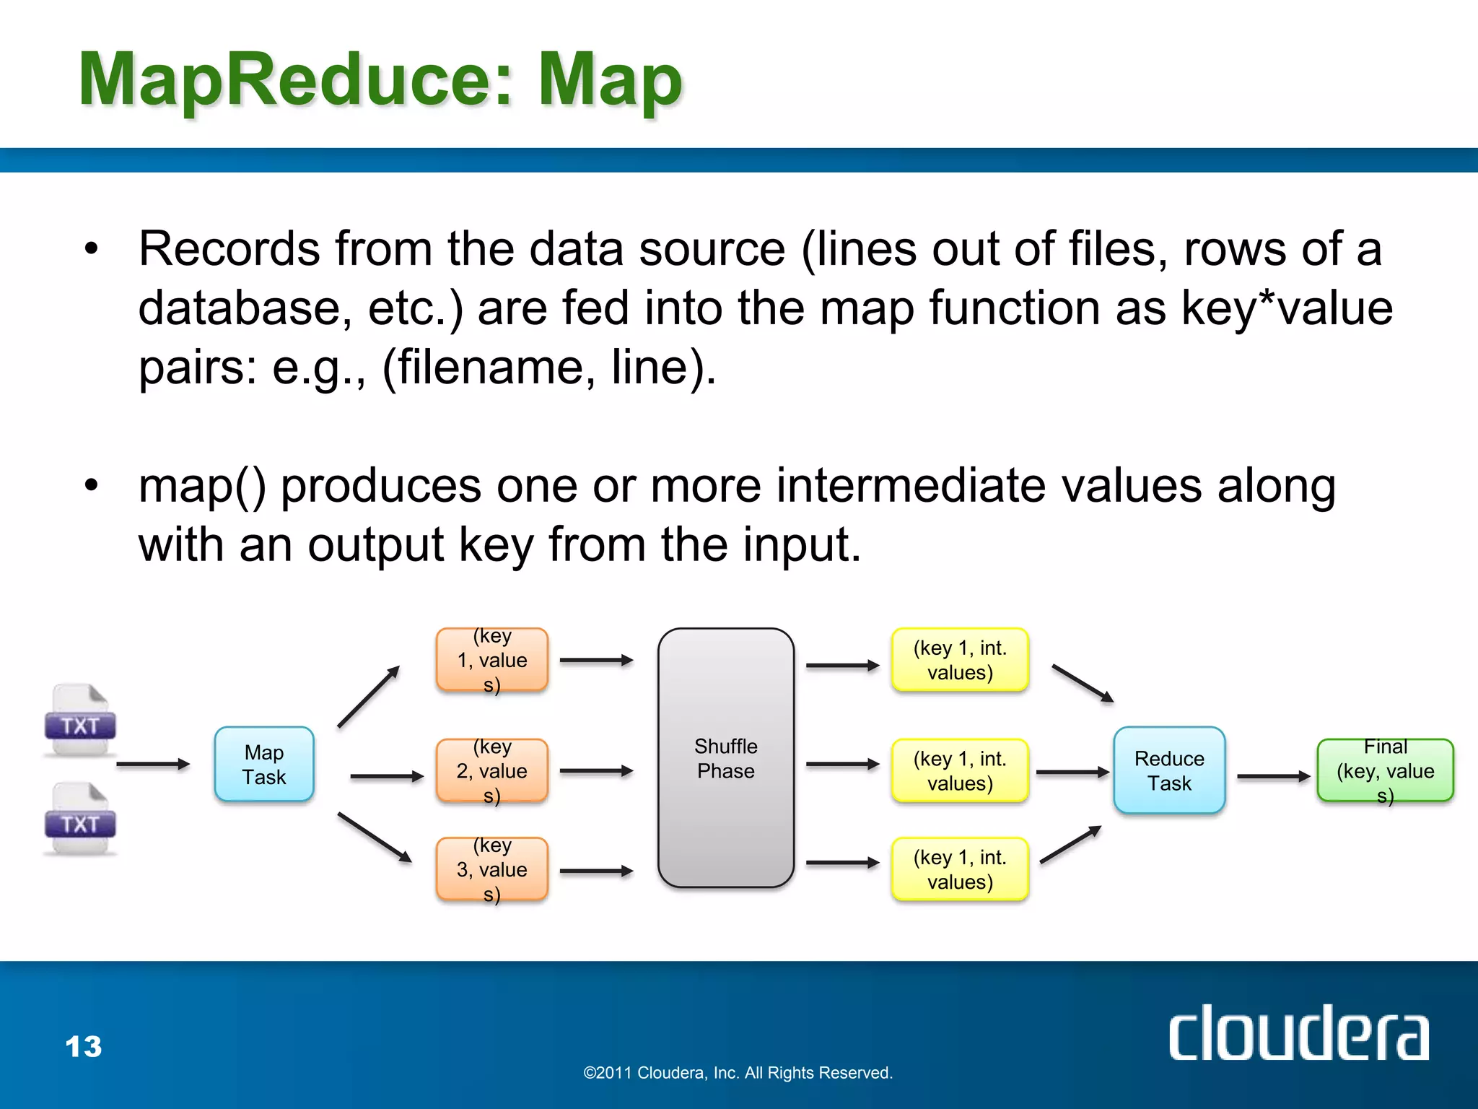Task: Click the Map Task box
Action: pyautogui.click(x=264, y=764)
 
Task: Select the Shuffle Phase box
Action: pyautogui.click(x=725, y=757)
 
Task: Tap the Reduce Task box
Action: pyautogui.click(x=1168, y=770)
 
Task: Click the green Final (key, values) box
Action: pyautogui.click(x=1384, y=770)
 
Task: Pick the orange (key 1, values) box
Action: pyautogui.click(x=492, y=659)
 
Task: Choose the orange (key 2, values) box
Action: pyautogui.click(x=492, y=770)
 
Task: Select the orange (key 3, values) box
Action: pyautogui.click(x=492, y=869)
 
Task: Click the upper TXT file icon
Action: pyautogui.click(x=80, y=720)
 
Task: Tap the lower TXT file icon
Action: pyautogui.click(x=80, y=819)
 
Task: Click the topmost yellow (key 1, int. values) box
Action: pyautogui.click(x=959, y=659)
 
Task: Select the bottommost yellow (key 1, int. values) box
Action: pyautogui.click(x=959, y=869)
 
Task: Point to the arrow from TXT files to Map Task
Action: pyautogui.click(x=152, y=764)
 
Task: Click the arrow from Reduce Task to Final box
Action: pyautogui.click(x=1272, y=777)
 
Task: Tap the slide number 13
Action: pyautogui.click(x=84, y=1046)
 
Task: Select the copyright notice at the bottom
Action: pyautogui.click(x=738, y=1073)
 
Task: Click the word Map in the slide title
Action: pyautogui.click(x=610, y=81)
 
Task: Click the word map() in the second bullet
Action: pyautogui.click(x=202, y=486)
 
